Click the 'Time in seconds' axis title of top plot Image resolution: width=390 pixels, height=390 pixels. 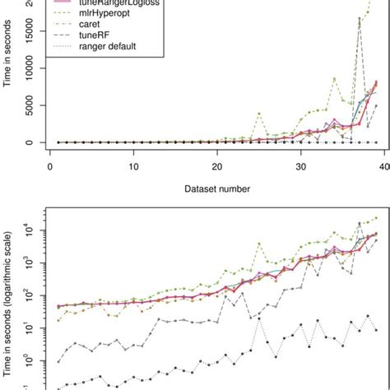pos(12,78)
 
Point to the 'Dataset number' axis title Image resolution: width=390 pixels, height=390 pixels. pos(217,188)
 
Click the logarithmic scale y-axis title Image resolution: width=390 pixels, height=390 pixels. pos(12,296)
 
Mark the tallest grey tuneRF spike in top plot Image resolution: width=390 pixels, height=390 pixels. pos(360,18)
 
